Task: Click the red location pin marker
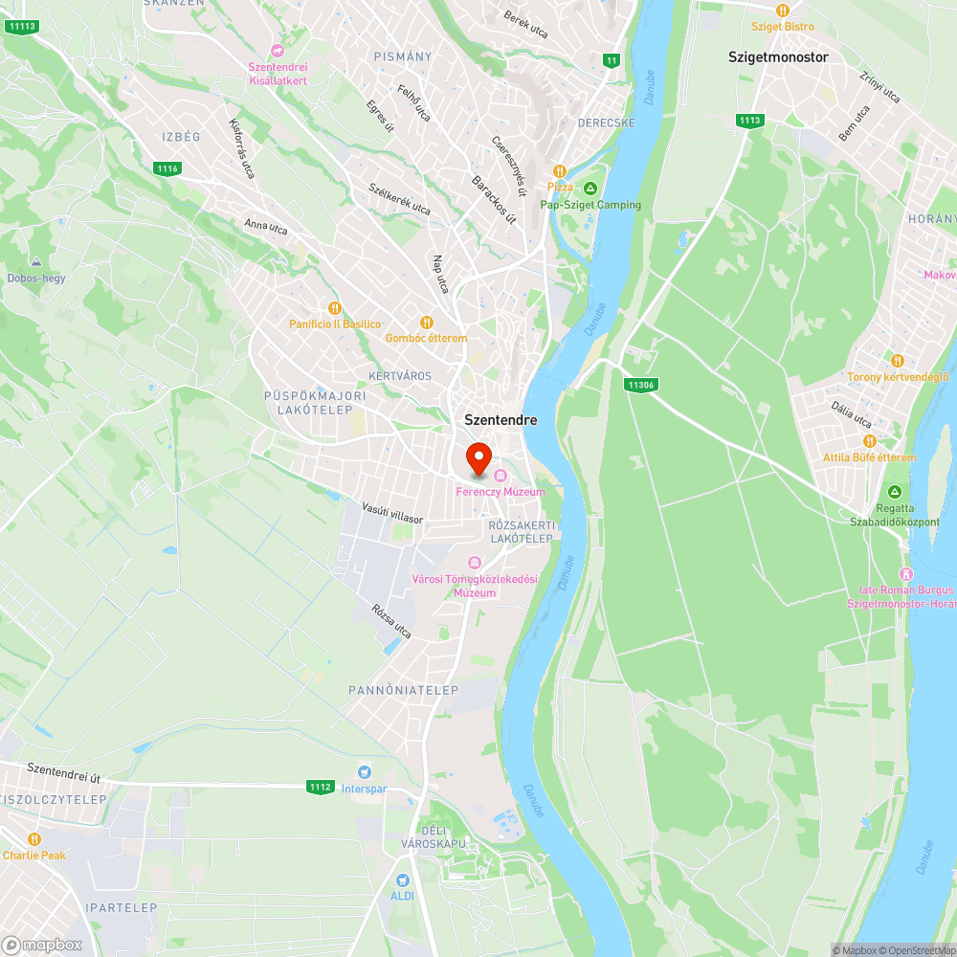tap(478, 458)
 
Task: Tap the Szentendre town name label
tap(501, 419)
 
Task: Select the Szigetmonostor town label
tap(778, 56)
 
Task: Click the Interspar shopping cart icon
tap(364, 771)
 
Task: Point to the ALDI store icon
tap(403, 879)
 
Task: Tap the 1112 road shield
tap(321, 787)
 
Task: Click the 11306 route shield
tap(640, 385)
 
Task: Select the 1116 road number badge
tap(167, 168)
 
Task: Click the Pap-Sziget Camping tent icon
tap(590, 188)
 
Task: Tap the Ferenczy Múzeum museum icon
tap(501, 476)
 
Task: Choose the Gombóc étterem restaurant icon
tap(427, 323)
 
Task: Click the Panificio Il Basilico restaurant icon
tap(334, 308)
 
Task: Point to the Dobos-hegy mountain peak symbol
tap(36, 262)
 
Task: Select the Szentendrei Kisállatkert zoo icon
tap(278, 50)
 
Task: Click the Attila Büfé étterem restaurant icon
tap(869, 441)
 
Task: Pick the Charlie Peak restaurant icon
tap(34, 839)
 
